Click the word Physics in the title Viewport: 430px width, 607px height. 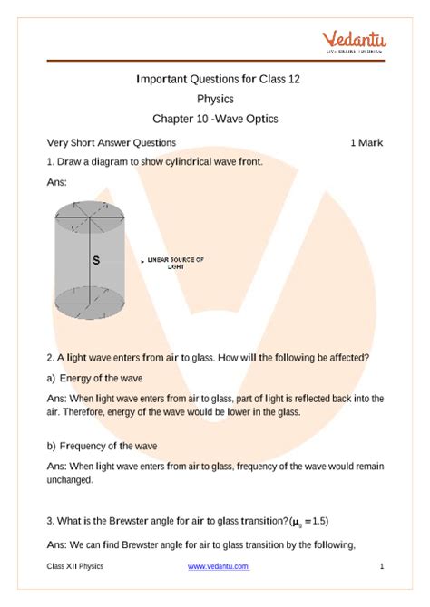(x=215, y=99)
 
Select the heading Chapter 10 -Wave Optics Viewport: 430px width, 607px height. (x=215, y=118)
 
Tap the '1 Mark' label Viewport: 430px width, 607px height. (x=366, y=143)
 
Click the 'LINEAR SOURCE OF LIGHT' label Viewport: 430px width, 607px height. (x=175, y=264)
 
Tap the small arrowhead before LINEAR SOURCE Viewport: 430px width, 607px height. (x=142, y=261)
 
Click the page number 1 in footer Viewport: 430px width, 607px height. (x=382, y=566)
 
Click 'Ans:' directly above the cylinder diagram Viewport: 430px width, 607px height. (x=56, y=183)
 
